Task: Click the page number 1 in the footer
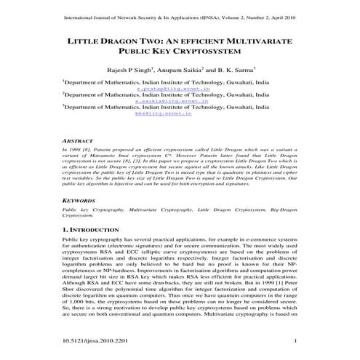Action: (294, 340)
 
